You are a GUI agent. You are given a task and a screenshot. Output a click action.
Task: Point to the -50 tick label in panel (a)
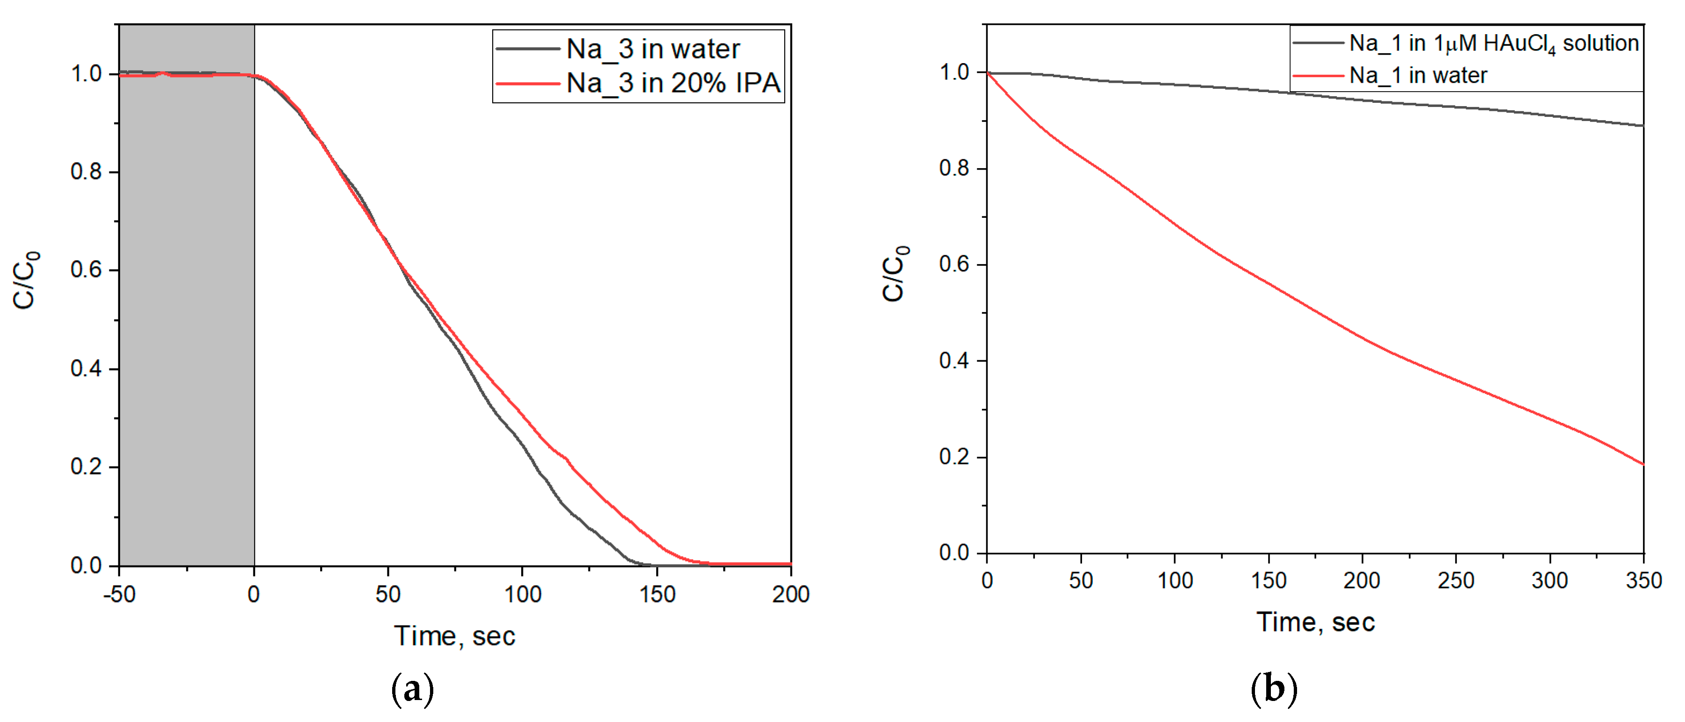point(119,594)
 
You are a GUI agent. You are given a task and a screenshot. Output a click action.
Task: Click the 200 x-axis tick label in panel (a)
point(790,594)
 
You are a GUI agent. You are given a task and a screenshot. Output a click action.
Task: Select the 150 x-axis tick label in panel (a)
point(657,594)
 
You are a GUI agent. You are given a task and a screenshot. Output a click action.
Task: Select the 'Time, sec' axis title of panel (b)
point(1315,622)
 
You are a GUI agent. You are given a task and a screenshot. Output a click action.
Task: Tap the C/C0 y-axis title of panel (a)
point(26,280)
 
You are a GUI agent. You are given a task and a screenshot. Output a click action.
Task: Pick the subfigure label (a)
point(412,690)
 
